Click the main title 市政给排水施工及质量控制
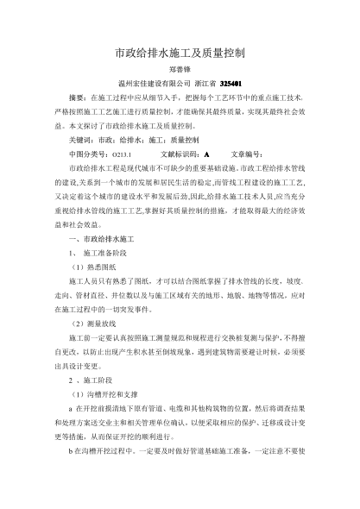pyautogui.click(x=180, y=53)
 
